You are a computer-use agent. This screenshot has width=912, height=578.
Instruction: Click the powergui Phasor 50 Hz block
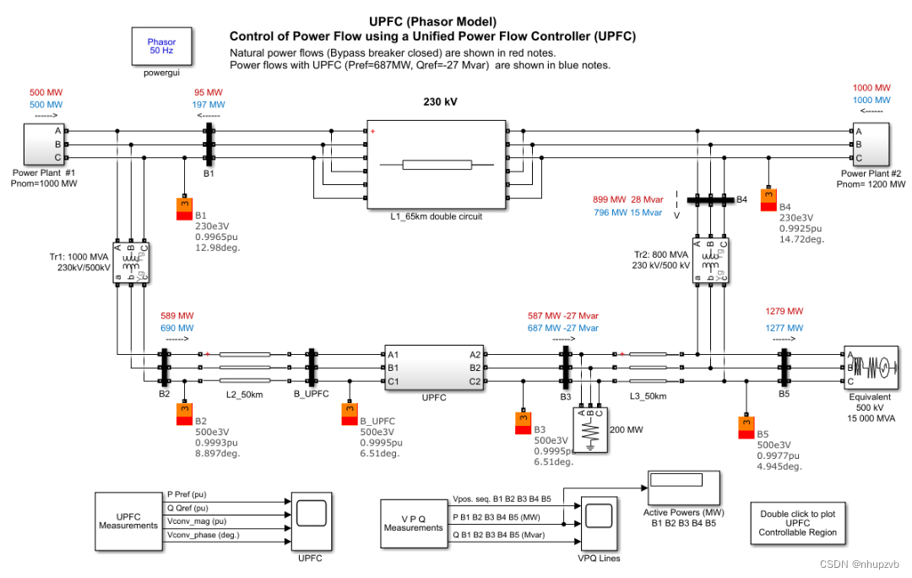[162, 46]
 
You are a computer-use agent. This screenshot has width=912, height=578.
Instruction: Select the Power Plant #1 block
[41, 144]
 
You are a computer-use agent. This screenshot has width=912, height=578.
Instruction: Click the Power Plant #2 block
[870, 144]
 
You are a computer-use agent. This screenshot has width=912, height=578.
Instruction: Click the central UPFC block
[433, 368]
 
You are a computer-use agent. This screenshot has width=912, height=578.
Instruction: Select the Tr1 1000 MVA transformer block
[130, 261]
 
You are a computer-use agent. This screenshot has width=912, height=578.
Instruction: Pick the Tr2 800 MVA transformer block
[710, 259]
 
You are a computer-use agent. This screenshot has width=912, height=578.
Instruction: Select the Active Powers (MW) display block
[682, 489]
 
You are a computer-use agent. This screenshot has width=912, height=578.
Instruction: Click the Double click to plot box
[797, 523]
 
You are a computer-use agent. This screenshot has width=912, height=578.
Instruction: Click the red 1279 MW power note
[783, 311]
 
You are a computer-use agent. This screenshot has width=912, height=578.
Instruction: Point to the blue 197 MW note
[209, 106]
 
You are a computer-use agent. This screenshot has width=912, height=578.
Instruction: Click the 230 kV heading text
[440, 101]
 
